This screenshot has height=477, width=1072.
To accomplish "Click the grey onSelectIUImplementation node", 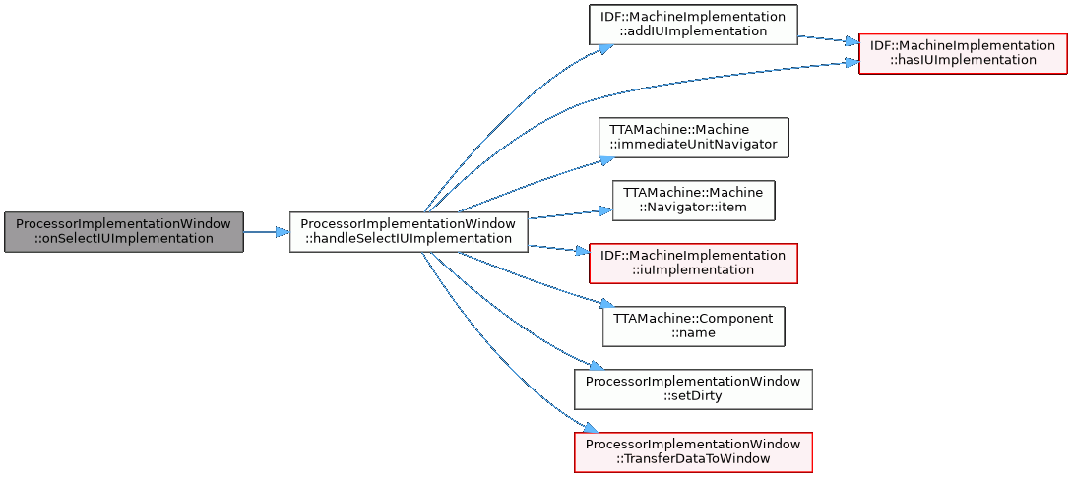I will (x=123, y=232).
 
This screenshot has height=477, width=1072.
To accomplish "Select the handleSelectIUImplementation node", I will (x=409, y=232).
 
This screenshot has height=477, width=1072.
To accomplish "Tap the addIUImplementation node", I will (x=692, y=25).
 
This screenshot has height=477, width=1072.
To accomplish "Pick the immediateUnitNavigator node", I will (x=694, y=138).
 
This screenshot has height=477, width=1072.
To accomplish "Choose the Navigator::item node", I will (x=694, y=201).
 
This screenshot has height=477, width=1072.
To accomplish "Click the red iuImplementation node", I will (x=692, y=263).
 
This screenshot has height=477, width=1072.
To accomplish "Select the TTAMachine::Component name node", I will (x=693, y=326).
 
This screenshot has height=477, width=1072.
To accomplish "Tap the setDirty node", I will (x=693, y=388).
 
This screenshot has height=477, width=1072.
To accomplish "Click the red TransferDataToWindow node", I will (x=693, y=451).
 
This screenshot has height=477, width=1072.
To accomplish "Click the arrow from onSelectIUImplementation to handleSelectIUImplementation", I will (x=266, y=232).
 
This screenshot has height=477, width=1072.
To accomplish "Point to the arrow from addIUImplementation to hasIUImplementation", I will (x=827, y=39).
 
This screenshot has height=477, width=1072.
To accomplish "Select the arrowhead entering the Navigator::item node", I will (x=606, y=210).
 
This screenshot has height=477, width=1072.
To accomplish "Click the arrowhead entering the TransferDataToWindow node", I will (x=590, y=431).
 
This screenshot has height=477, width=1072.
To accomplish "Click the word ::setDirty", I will (x=693, y=396).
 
